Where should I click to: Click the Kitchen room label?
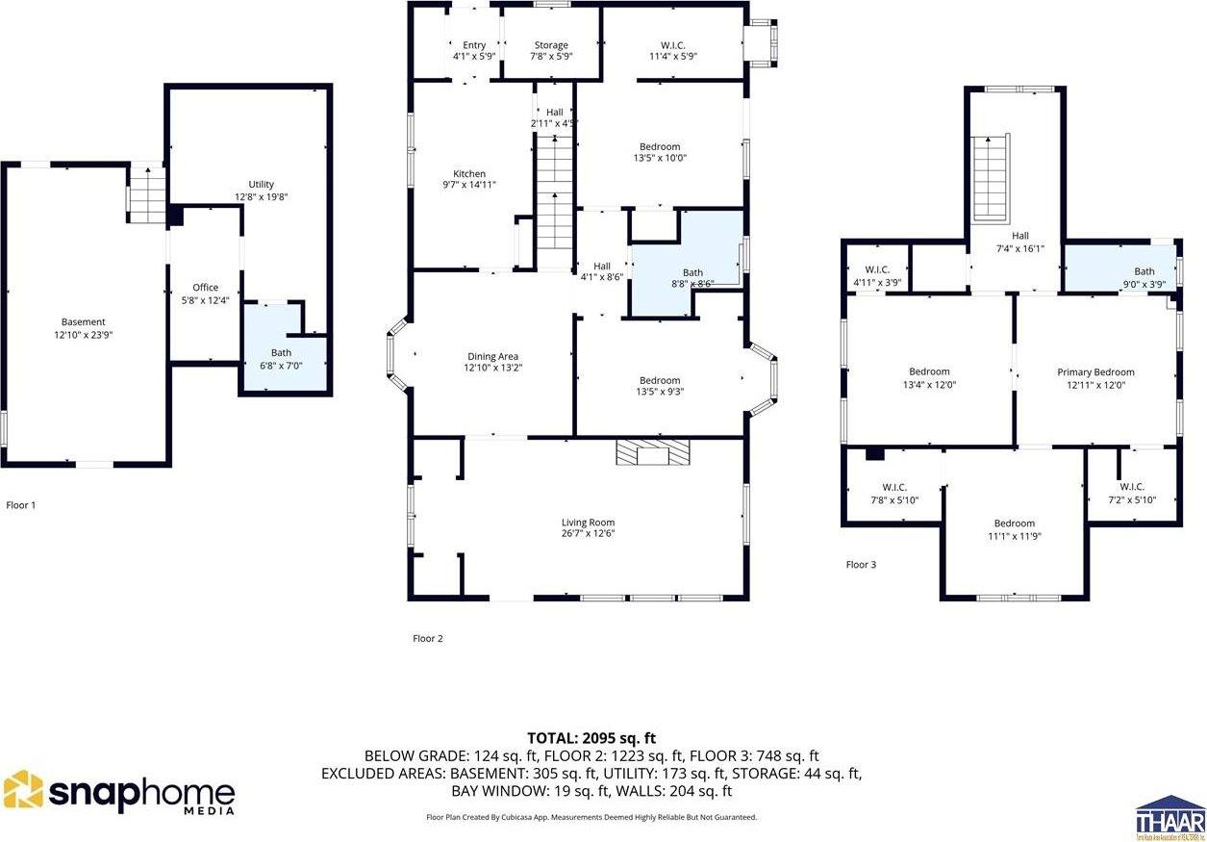tap(469, 174)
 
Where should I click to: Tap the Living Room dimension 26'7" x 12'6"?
tap(588, 533)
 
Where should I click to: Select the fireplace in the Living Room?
tap(654, 452)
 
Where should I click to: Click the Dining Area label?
tap(492, 356)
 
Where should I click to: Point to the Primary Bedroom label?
tap(1095, 372)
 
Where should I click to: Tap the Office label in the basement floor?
tap(205, 288)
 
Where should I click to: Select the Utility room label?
tap(261, 185)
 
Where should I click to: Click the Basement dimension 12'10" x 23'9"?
tap(83, 335)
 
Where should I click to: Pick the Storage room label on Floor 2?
tap(551, 45)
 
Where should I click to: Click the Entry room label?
tap(474, 45)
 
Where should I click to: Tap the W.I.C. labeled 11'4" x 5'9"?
tap(672, 57)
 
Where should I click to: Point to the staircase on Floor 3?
tap(991, 179)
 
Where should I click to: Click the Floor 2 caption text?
tap(427, 638)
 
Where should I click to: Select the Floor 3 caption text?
tap(861, 565)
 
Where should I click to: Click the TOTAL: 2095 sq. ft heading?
tap(591, 738)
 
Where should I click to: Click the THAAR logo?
tap(1169, 817)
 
